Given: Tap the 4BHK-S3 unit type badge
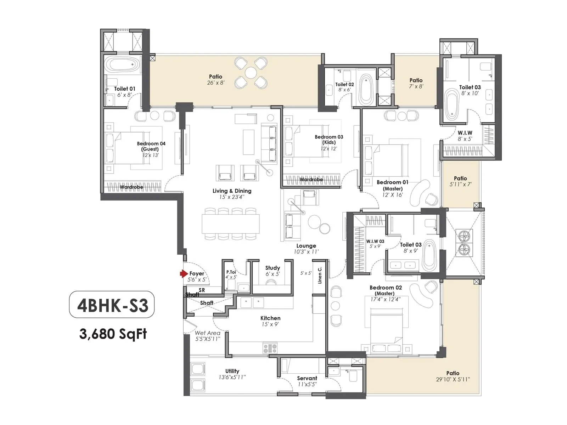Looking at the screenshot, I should click(x=112, y=305).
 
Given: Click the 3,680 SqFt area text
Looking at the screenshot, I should click(x=113, y=334).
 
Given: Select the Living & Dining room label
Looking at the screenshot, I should click(x=232, y=191).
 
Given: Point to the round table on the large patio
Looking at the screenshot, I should click(x=251, y=73).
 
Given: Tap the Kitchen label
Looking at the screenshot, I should click(x=270, y=318).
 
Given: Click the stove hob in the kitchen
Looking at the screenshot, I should click(x=270, y=348).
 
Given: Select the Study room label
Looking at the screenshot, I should click(x=273, y=268).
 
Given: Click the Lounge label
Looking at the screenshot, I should click(x=306, y=246).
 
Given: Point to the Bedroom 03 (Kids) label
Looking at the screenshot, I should click(x=329, y=140).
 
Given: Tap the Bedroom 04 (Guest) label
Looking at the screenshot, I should click(x=151, y=146).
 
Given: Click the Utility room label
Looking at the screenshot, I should click(x=232, y=371).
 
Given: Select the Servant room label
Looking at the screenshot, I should click(x=307, y=378).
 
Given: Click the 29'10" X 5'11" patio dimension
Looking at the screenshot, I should click(x=453, y=379).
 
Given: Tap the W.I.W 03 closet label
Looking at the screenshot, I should click(x=375, y=241).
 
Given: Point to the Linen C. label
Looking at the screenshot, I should click(x=320, y=275).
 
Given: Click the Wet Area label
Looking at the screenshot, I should click(x=207, y=333).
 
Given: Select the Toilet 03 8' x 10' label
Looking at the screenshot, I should click(x=470, y=87).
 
